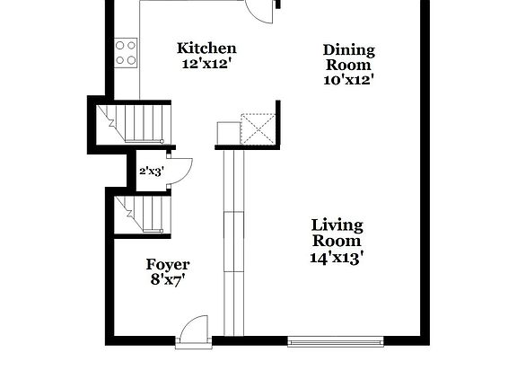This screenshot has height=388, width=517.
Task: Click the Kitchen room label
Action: [206, 48]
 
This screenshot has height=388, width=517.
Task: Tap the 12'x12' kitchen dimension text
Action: [206, 64]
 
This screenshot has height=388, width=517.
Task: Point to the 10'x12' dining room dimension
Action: [349, 79]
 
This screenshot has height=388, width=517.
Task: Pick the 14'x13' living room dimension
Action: [337, 257]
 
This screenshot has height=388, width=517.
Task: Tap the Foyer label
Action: [168, 265]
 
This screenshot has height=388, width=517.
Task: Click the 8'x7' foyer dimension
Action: [168, 280]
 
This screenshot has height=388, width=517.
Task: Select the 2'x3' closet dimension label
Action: [150, 171]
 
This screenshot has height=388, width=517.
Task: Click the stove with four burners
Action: [126, 52]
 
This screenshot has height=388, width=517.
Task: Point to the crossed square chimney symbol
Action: [258, 129]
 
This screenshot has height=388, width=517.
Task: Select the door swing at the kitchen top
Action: [262, 10]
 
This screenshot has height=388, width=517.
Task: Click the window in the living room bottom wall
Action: [335, 341]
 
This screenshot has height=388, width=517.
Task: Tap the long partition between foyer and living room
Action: [232, 242]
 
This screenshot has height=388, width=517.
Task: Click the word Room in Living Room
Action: [337, 241]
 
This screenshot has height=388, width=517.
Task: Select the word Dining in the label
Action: [349, 49]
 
